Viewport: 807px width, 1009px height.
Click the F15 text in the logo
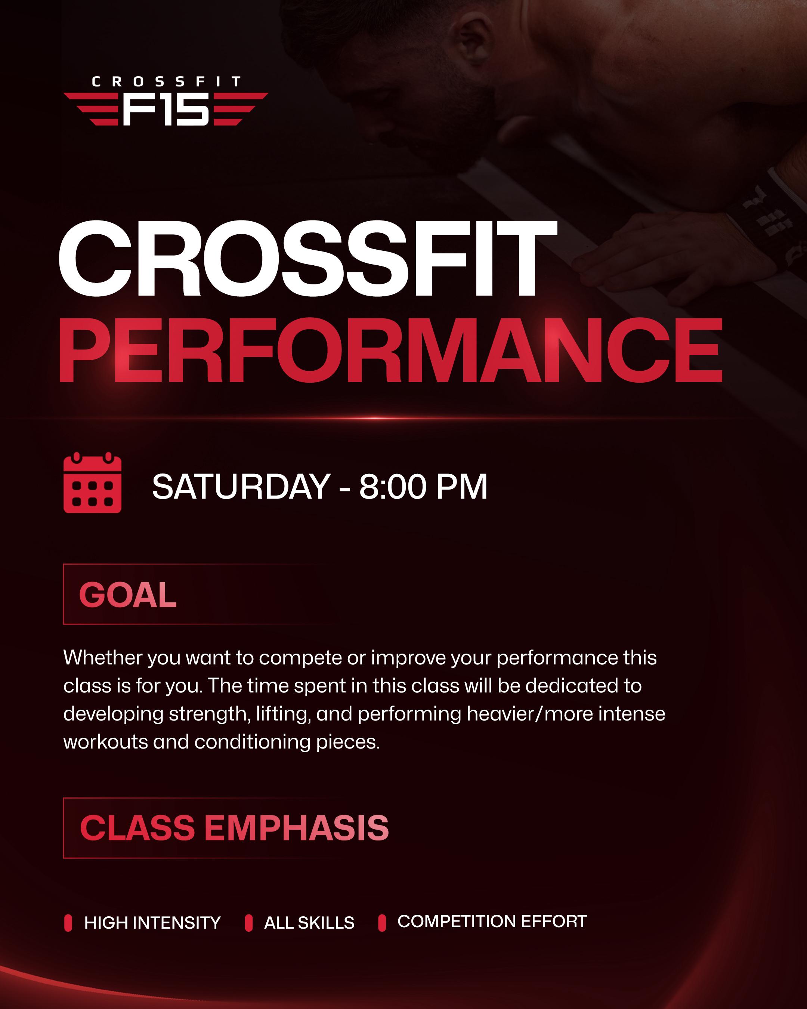click(166, 109)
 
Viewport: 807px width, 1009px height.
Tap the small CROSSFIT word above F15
click(166, 82)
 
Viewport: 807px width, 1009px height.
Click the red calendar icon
click(92, 482)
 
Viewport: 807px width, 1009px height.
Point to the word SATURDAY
click(241, 487)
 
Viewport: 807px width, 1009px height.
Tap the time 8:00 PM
click(423, 487)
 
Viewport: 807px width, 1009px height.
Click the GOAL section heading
click(128, 595)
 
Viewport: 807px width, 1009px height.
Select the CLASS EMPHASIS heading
click(234, 827)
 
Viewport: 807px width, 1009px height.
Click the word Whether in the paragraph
click(103, 658)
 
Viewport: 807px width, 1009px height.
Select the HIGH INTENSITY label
click(152, 922)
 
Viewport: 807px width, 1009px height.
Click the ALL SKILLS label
click(309, 922)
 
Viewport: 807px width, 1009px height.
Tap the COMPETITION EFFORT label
click(492, 921)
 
